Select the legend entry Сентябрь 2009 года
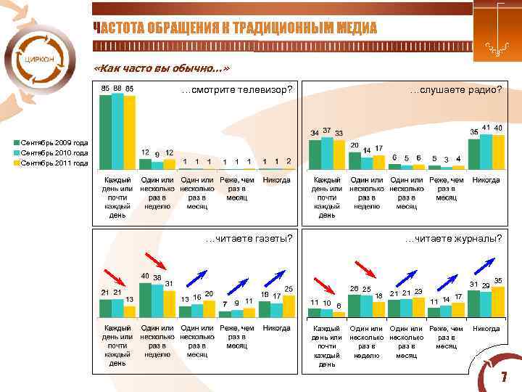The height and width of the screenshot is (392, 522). click(54, 143)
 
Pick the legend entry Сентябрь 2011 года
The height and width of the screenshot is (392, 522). click(54, 163)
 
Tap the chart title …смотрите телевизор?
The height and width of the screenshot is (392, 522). click(237, 90)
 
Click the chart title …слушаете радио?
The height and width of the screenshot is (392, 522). click(455, 90)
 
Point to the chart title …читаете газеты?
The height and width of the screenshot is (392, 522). click(249, 237)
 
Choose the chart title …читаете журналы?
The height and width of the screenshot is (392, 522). click(453, 237)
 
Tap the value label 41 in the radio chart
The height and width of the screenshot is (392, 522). click(486, 128)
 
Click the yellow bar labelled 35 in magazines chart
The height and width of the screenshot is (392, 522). click(498, 301)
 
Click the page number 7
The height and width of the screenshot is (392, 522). click(502, 379)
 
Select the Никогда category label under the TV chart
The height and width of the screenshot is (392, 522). click(276, 180)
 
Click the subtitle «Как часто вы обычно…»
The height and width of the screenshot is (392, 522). click(162, 69)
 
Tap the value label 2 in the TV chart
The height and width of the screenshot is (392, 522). click(289, 161)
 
